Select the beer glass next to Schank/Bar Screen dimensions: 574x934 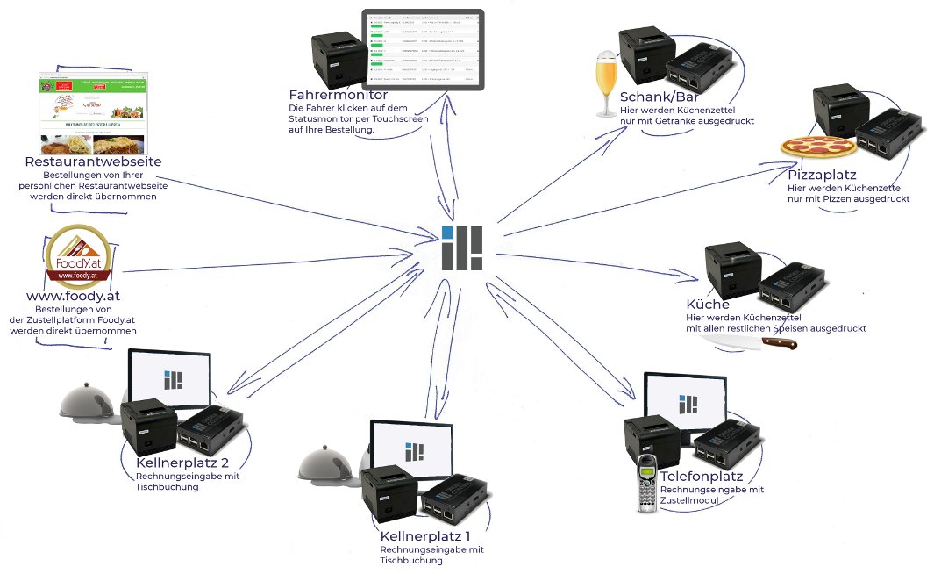click(x=605, y=85)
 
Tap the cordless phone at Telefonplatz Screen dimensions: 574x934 click(x=648, y=483)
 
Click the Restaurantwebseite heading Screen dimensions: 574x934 click(x=93, y=161)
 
